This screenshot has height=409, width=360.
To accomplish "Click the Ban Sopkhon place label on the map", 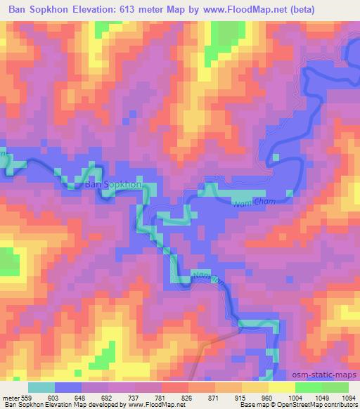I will click(x=112, y=185).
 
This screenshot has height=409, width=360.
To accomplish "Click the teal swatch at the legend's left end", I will click(x=41, y=387).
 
